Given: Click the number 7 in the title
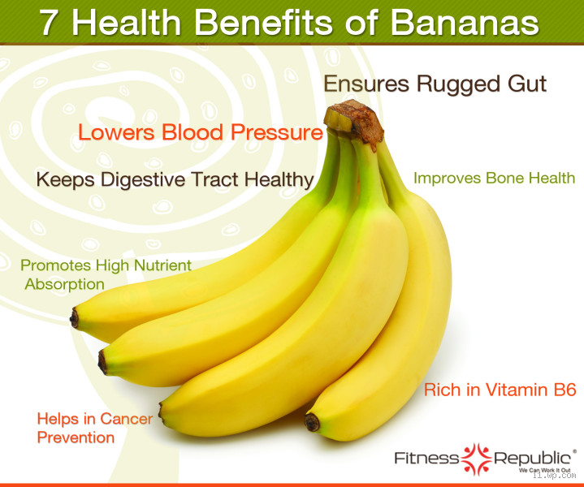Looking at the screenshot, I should [48, 22].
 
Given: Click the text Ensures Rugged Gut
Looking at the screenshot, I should [435, 84].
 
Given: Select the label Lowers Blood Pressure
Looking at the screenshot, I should [200, 132].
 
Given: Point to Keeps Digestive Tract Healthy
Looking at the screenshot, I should [175, 179].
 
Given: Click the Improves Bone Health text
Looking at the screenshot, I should [494, 178].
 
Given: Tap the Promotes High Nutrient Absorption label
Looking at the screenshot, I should [106, 274].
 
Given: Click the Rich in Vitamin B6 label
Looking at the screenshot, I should [500, 390].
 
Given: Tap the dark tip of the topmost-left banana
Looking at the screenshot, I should [75, 318].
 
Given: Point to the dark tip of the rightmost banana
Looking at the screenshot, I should [312, 422].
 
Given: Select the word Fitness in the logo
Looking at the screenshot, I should [426, 458].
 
